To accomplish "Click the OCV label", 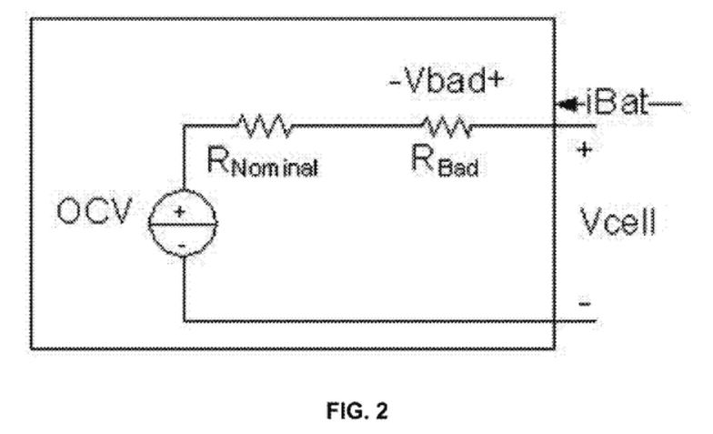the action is [95, 211].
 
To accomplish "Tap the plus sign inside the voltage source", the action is [180, 211].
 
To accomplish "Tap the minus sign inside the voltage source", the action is [181, 246].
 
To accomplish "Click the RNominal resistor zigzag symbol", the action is [266, 126].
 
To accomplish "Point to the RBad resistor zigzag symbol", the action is [447, 126].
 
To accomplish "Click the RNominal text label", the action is [262, 161].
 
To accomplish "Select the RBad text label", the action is [445, 161].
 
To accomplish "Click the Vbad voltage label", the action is [447, 81].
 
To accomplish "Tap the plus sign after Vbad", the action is [497, 81].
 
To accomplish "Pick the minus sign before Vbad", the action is [395, 84].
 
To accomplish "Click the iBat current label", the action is [617, 103].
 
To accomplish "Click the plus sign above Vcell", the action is [584, 149].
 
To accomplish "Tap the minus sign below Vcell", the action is [585, 303].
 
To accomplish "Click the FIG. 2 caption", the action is [356, 411].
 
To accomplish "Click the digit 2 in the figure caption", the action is [381, 411].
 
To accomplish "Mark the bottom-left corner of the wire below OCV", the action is [184, 321].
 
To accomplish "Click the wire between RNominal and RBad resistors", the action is [357, 126].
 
